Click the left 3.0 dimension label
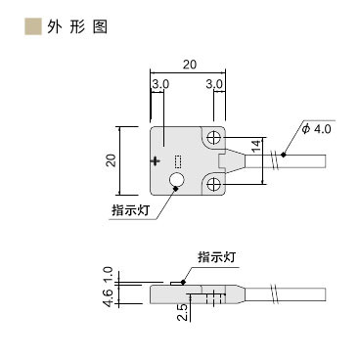pyautogui.click(x=160, y=85)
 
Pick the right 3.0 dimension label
pyautogui.click(x=215, y=85)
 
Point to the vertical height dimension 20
pyautogui.click(x=111, y=159)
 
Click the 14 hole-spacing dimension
pyautogui.click(x=256, y=147)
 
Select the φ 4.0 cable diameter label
pyautogui.click(x=318, y=128)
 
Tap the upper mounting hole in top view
pyautogui.click(x=214, y=139)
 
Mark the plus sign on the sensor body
pyautogui.click(x=157, y=159)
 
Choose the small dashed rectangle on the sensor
pyautogui.click(x=178, y=161)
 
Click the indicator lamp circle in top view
pyautogui.click(x=178, y=180)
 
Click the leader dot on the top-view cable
pyautogui.click(x=283, y=154)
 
